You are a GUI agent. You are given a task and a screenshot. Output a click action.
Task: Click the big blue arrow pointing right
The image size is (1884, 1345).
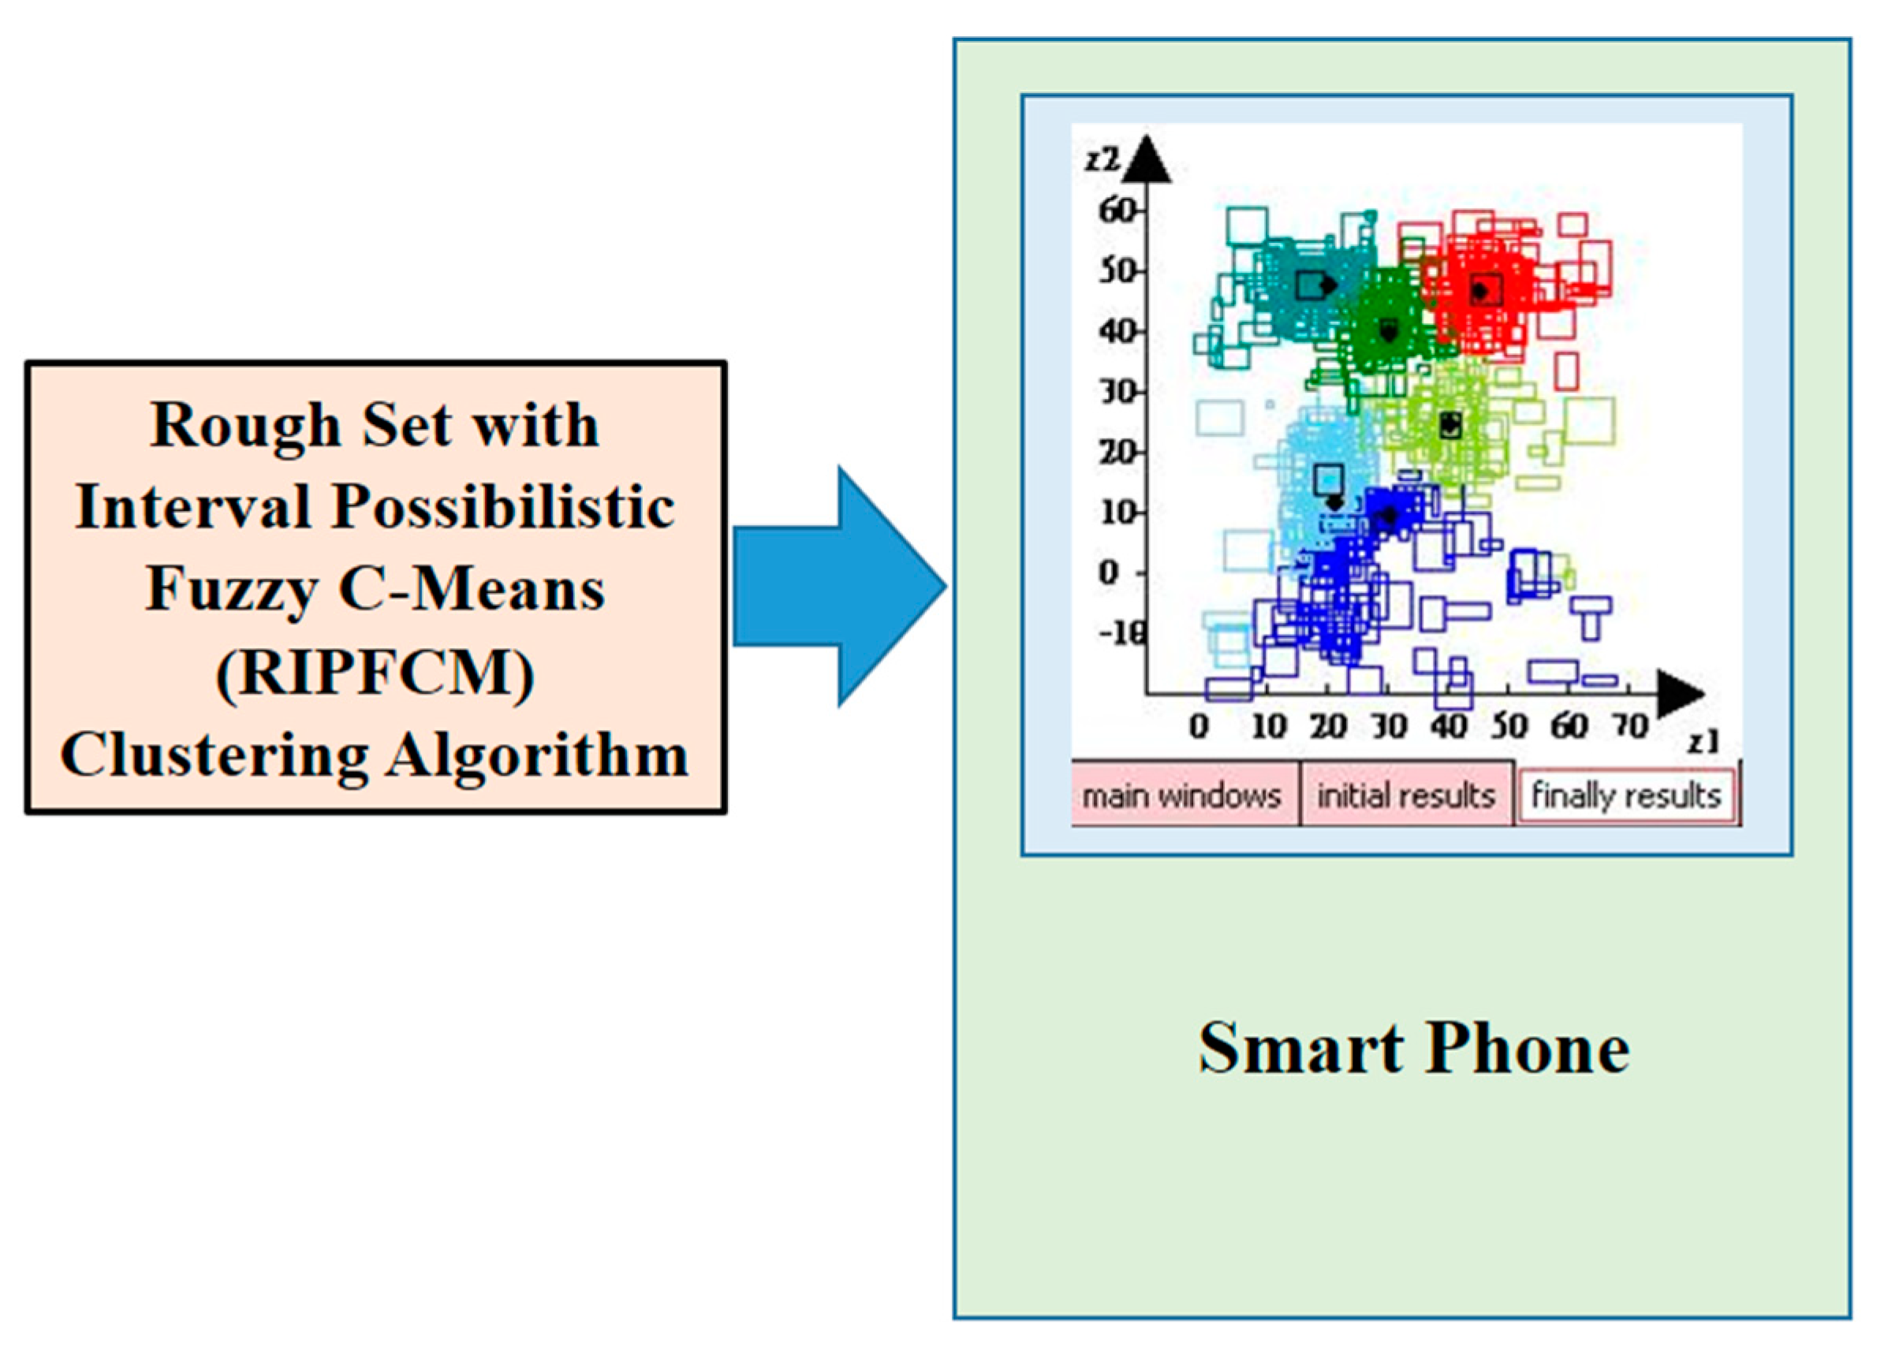(x=837, y=587)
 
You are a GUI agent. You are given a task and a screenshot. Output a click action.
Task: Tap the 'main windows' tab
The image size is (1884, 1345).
(x=1181, y=796)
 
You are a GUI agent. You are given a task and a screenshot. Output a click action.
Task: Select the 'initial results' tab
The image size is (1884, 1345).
(x=1406, y=796)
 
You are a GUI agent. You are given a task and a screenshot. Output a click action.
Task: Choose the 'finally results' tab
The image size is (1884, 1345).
(x=1625, y=796)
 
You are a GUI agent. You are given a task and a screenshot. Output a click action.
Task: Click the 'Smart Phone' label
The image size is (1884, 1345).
(x=1414, y=1049)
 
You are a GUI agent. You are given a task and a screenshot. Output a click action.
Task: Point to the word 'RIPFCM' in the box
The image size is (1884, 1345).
(x=375, y=672)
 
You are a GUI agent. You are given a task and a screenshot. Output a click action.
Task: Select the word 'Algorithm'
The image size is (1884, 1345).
(x=538, y=755)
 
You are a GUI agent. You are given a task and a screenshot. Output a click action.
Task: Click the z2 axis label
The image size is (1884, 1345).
(x=1102, y=159)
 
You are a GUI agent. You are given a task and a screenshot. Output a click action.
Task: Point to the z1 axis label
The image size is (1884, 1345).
(x=1704, y=743)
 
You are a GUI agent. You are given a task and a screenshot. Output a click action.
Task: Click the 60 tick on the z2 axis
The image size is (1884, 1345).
(x=1116, y=211)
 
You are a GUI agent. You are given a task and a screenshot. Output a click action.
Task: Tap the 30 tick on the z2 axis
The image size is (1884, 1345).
(x=1116, y=392)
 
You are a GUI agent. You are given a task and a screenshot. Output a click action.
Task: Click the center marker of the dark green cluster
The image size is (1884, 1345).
(x=1390, y=331)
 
